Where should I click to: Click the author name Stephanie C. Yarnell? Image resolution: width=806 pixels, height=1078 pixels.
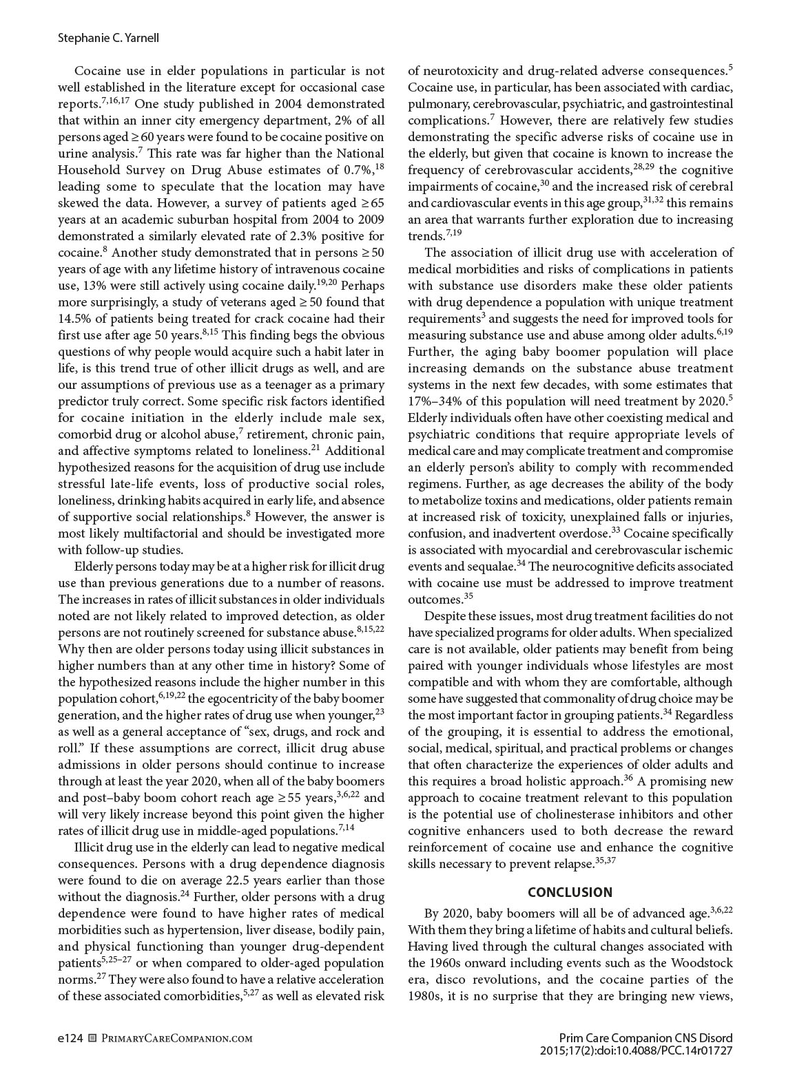[108, 38]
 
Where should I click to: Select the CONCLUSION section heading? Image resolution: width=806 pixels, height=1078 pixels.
[570, 892]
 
